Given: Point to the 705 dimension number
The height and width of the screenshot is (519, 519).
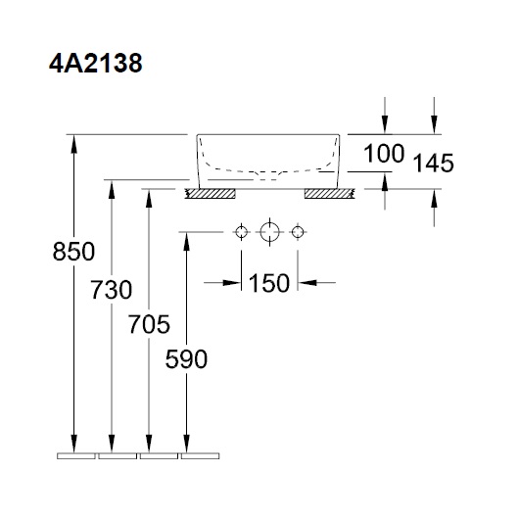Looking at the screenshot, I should click(x=149, y=324).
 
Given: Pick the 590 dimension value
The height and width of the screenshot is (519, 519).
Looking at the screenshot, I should click(x=186, y=359).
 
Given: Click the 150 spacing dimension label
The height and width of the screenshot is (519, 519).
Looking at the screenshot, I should click(x=269, y=283).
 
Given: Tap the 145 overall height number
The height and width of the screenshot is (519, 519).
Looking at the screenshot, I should click(x=432, y=164).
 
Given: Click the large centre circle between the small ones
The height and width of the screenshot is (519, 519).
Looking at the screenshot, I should click(x=269, y=232).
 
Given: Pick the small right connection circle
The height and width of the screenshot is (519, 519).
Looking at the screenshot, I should click(x=298, y=232).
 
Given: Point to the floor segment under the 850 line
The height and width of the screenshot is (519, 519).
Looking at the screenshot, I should click(x=74, y=455).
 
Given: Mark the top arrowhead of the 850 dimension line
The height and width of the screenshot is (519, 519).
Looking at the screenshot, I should click(x=74, y=141).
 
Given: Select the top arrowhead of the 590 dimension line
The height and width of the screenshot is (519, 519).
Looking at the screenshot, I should click(x=186, y=240).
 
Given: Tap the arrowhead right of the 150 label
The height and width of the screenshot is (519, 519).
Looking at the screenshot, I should click(x=304, y=283).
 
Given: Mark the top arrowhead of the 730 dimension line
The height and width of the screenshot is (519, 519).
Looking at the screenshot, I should click(x=112, y=188).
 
